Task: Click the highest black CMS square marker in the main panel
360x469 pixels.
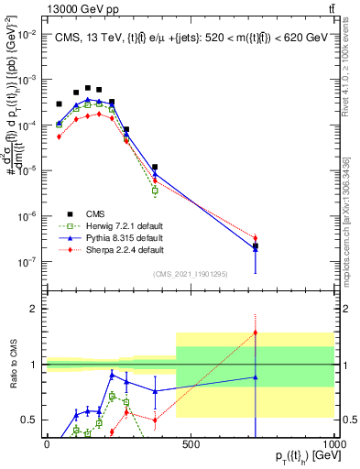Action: click(x=88, y=88)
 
